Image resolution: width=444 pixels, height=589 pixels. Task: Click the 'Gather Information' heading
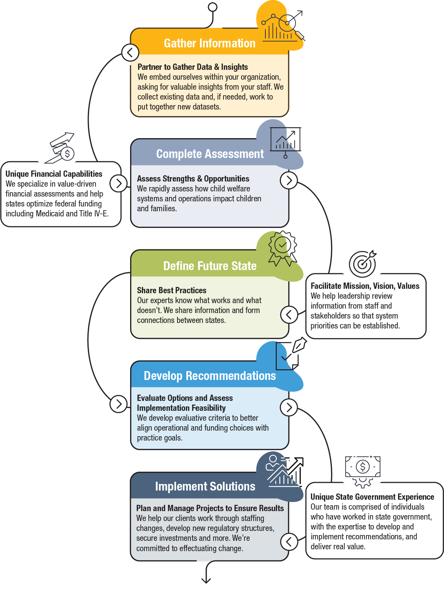click(210, 43)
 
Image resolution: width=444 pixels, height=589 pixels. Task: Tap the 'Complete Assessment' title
click(210, 154)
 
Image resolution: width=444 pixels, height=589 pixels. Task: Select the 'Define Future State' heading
click(210, 266)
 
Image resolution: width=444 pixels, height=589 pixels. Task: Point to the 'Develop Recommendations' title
click(210, 376)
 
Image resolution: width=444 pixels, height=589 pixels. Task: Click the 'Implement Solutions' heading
click(205, 486)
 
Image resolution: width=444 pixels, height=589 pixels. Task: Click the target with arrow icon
click(362, 263)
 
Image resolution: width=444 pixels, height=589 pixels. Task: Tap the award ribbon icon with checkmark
click(283, 248)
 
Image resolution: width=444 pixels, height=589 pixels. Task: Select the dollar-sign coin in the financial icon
click(67, 154)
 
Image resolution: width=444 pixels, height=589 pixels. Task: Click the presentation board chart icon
click(285, 142)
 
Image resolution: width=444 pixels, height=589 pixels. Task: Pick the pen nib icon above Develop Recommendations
click(299, 345)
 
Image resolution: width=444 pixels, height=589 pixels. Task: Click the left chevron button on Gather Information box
click(130, 53)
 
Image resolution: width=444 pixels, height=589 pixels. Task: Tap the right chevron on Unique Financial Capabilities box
click(118, 184)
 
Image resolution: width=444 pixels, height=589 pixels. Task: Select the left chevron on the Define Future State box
click(289, 315)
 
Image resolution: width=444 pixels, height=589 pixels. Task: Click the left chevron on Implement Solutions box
click(289, 542)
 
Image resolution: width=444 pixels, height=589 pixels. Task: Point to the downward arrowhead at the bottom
click(206, 581)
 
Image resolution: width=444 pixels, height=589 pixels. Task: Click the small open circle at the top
click(212, 7)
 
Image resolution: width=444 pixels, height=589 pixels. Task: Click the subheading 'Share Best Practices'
click(172, 290)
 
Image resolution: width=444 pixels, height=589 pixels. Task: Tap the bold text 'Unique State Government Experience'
click(372, 497)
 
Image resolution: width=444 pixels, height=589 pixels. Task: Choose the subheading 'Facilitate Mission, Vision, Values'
click(365, 286)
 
